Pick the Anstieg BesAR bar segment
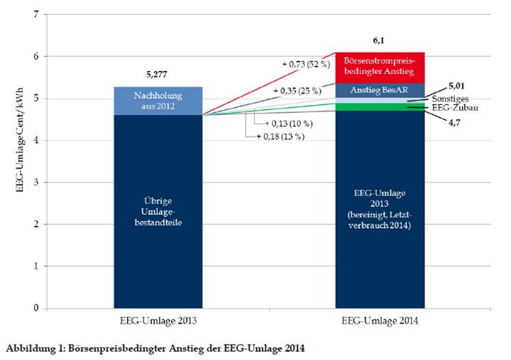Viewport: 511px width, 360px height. [380, 90]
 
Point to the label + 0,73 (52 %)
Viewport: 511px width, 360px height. [307, 65]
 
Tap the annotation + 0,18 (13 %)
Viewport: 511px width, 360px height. [280, 136]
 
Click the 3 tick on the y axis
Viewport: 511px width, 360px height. [34, 182]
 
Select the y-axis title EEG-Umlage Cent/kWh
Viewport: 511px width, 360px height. [16, 161]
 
